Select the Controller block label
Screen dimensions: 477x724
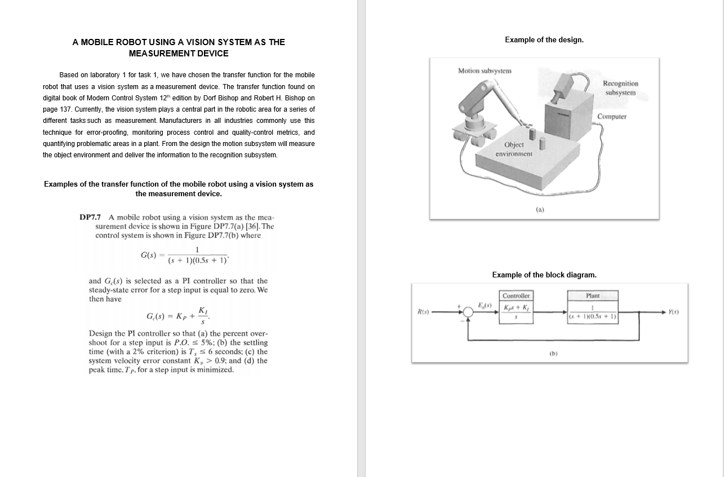click(516, 296)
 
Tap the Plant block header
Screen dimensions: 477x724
click(593, 296)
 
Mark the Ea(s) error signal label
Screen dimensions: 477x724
click(485, 306)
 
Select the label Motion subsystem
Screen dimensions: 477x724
click(484, 71)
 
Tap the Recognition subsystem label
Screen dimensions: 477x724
click(620, 88)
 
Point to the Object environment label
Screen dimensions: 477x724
click(514, 149)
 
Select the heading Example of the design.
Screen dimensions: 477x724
click(544, 39)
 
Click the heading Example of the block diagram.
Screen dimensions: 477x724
click(544, 275)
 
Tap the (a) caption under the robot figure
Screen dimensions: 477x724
click(540, 209)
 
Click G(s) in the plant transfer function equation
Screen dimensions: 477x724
click(148, 255)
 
